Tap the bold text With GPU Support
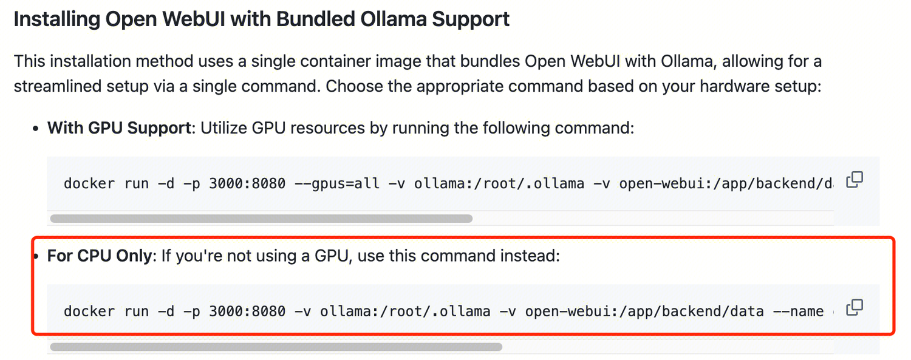click(x=119, y=128)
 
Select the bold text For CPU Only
click(x=99, y=256)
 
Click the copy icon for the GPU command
click(x=855, y=180)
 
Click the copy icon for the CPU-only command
click(x=855, y=308)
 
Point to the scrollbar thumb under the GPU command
click(x=261, y=219)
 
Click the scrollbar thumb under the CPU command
click(x=276, y=347)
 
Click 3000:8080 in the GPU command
click(x=247, y=183)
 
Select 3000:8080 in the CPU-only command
click(x=247, y=311)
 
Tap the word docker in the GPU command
click(x=89, y=183)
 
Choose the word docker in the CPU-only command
click(x=89, y=311)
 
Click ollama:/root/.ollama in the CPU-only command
click(x=404, y=311)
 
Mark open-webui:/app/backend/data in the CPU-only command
click(x=644, y=311)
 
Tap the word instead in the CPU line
click(x=529, y=256)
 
